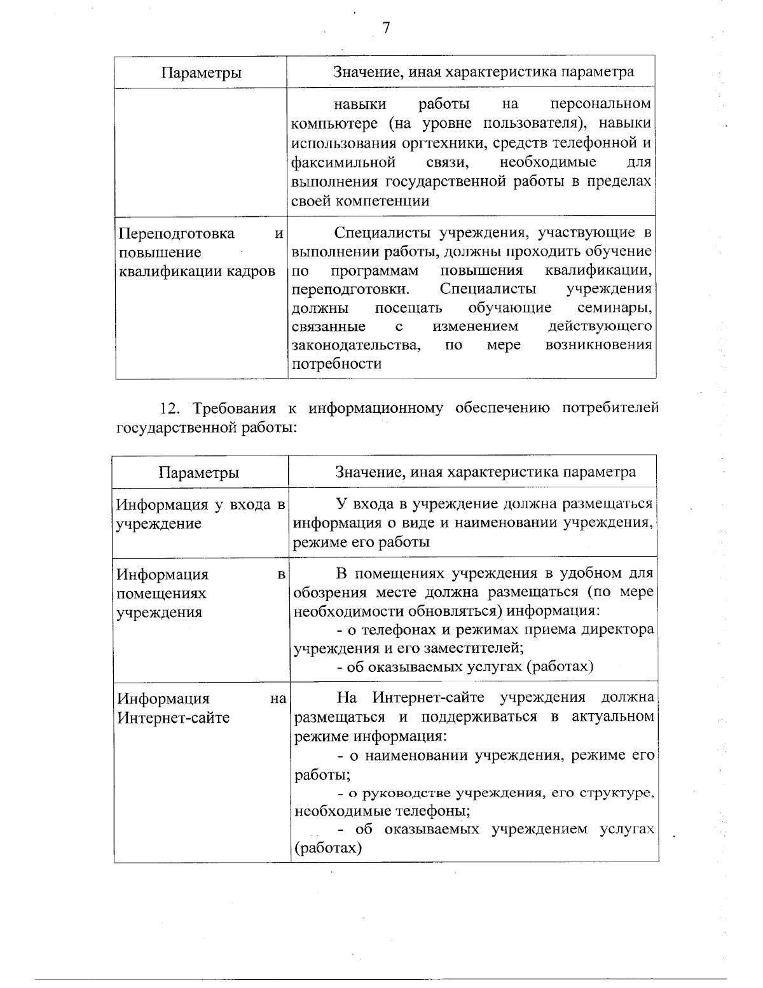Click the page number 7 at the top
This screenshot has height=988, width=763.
tap(385, 29)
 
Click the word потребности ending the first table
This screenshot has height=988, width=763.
tap(336, 364)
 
